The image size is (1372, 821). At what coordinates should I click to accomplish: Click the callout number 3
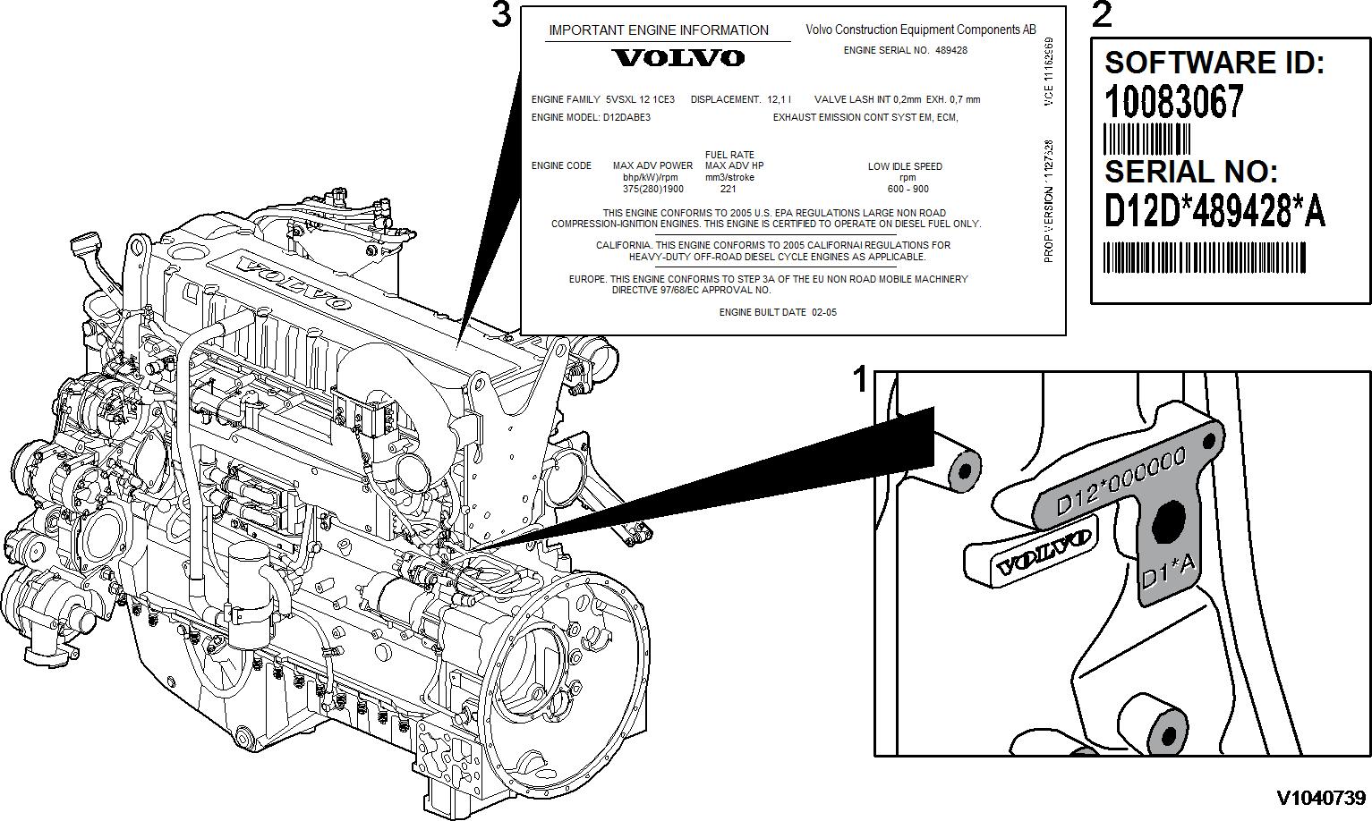tap(502, 15)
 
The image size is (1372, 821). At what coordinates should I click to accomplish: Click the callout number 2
tap(1102, 15)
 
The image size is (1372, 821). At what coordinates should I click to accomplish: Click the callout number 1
tap(860, 380)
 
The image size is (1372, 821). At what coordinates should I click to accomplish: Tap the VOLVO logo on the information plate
tap(677, 58)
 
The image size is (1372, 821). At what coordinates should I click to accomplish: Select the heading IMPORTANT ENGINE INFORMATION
tap(659, 30)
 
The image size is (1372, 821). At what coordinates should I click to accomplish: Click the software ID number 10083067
tap(1174, 101)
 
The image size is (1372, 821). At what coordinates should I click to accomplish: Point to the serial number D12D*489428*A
tap(1214, 212)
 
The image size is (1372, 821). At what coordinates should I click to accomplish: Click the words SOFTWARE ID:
tap(1214, 63)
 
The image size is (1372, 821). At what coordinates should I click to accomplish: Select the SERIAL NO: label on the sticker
tap(1191, 172)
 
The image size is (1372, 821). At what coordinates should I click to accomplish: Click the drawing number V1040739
tap(1321, 798)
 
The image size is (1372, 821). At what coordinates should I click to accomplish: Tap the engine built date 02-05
tap(823, 313)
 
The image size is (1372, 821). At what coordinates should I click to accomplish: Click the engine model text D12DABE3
tap(626, 117)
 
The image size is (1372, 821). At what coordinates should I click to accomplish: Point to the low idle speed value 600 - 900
tap(908, 190)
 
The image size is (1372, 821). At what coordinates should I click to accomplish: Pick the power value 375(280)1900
tap(652, 190)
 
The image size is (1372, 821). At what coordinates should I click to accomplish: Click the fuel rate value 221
tap(729, 190)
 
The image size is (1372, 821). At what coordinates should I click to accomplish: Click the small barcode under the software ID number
tap(1147, 139)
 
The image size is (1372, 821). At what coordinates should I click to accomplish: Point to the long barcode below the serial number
tap(1204, 258)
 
